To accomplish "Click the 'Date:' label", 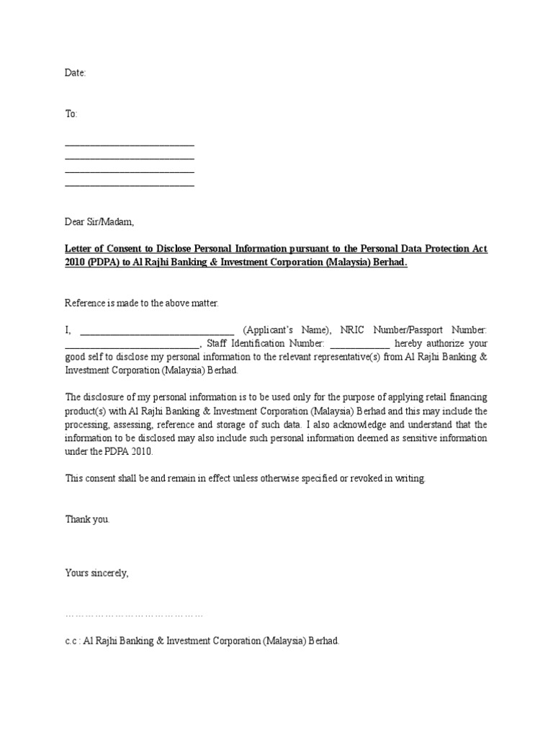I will [x=76, y=73].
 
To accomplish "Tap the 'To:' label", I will [x=71, y=115].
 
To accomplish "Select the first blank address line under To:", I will [x=130, y=145].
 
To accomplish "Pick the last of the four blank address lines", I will [x=130, y=184].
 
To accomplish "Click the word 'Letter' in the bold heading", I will [x=80, y=249].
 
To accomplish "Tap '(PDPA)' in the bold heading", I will [x=107, y=262].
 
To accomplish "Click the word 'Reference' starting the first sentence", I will [x=86, y=303].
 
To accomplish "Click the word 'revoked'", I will [x=364, y=479].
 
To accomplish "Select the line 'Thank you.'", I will [x=88, y=519].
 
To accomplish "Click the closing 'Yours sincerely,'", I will [x=97, y=573].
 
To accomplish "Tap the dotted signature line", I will [x=134, y=615].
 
